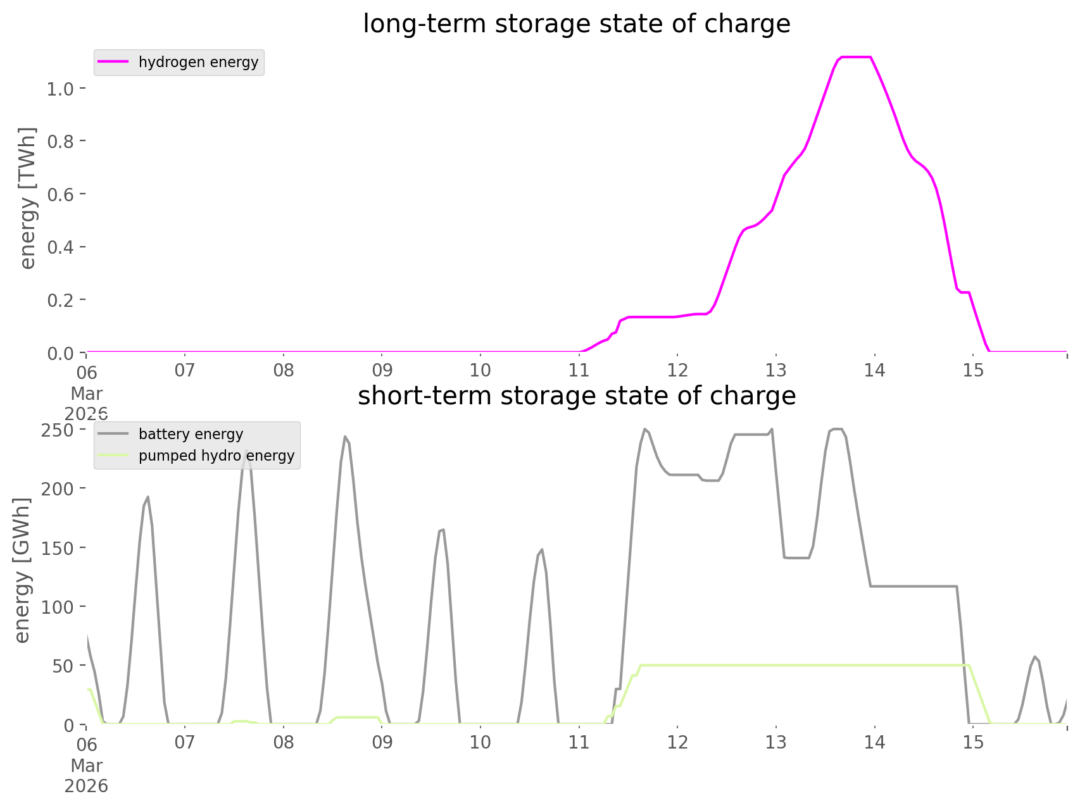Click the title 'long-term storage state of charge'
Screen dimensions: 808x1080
coord(576,24)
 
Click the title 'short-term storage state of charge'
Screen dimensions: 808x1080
coord(576,396)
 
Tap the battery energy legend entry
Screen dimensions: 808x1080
coord(191,434)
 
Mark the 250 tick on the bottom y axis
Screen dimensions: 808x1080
coord(58,430)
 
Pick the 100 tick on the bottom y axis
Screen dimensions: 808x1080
coord(58,607)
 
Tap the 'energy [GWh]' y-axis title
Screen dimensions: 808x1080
coord(22,570)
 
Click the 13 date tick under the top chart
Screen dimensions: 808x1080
coord(775,370)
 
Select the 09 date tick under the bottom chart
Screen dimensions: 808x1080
coord(382,742)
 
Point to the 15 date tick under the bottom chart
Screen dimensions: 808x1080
coord(973,742)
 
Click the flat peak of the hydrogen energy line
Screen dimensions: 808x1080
coord(855,58)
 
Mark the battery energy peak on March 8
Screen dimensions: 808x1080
coord(345,436)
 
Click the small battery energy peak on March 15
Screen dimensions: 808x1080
coord(1034,656)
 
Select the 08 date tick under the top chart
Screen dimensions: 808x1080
coord(284,370)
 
